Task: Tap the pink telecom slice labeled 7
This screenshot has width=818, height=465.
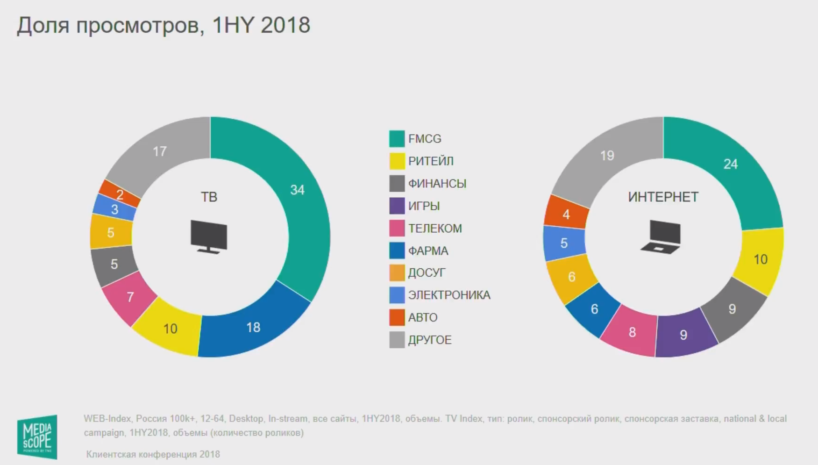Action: pyautogui.click(x=130, y=297)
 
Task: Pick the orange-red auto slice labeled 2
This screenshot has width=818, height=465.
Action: pyautogui.click(x=120, y=194)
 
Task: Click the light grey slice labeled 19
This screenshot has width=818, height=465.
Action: pyautogui.click(x=607, y=157)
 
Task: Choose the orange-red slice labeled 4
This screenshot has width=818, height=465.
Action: pyautogui.click(x=566, y=214)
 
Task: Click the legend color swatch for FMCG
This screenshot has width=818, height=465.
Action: pyautogui.click(x=397, y=139)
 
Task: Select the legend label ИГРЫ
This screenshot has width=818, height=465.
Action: pyautogui.click(x=424, y=206)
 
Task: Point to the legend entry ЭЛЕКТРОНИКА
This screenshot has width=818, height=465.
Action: pyautogui.click(x=449, y=295)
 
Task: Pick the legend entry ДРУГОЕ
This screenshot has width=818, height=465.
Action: pyautogui.click(x=429, y=340)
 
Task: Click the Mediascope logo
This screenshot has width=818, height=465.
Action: pyautogui.click(x=37, y=436)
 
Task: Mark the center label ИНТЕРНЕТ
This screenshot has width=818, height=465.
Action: pyautogui.click(x=663, y=197)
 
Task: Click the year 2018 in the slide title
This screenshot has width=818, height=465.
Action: pyautogui.click(x=285, y=25)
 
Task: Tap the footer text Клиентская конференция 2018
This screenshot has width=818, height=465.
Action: pyautogui.click(x=153, y=454)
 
